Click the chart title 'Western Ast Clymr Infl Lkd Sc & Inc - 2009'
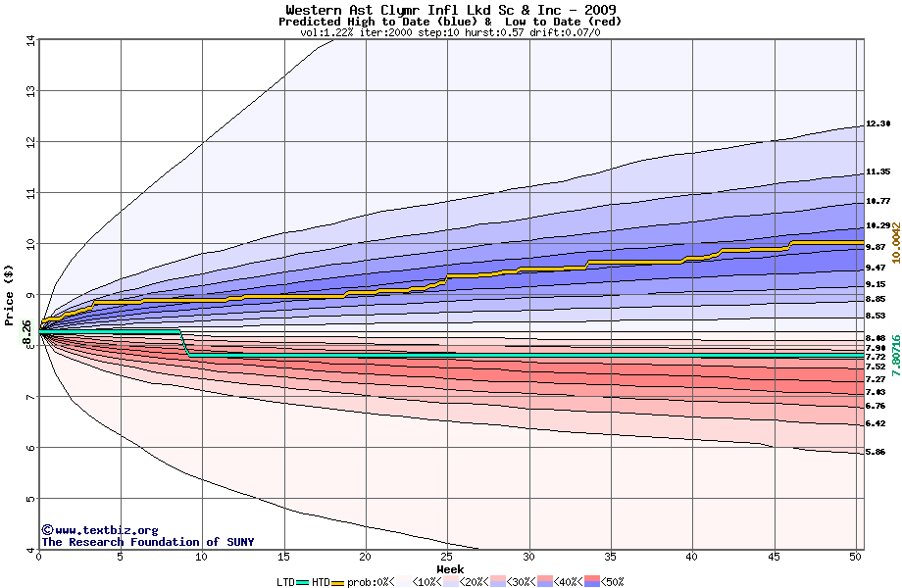pyautogui.click(x=450, y=10)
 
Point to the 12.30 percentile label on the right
pyautogui.click(x=877, y=124)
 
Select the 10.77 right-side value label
pyautogui.click(x=877, y=201)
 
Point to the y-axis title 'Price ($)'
pyautogui.click(x=10, y=294)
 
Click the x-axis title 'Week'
pyautogui.click(x=450, y=568)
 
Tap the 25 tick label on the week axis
pyautogui.click(x=447, y=557)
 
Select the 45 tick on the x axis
pyautogui.click(x=774, y=557)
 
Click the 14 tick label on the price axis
pyautogui.click(x=28, y=40)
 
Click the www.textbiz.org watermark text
pyautogui.click(x=100, y=530)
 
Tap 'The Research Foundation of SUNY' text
pyautogui.click(x=147, y=542)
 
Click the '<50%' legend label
pyautogui.click(x=610, y=582)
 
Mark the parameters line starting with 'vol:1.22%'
pyautogui.click(x=450, y=32)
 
